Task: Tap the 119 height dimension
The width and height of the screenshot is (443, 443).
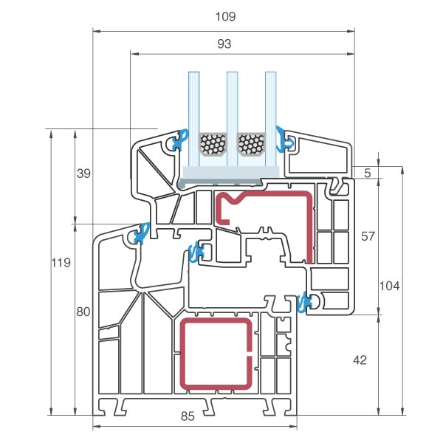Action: [x=61, y=263]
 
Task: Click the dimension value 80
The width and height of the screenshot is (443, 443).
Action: [x=83, y=312]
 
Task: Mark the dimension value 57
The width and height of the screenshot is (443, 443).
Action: [x=368, y=236]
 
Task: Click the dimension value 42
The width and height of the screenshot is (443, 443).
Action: [x=360, y=360]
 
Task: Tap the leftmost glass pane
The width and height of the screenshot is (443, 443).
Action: [x=194, y=118]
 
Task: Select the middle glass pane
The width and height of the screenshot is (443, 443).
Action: [x=232, y=118]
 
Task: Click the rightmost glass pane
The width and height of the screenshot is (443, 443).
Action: [x=271, y=118]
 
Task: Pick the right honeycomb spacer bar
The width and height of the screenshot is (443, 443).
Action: [x=251, y=144]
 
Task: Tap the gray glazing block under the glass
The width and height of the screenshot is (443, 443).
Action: [x=231, y=174]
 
